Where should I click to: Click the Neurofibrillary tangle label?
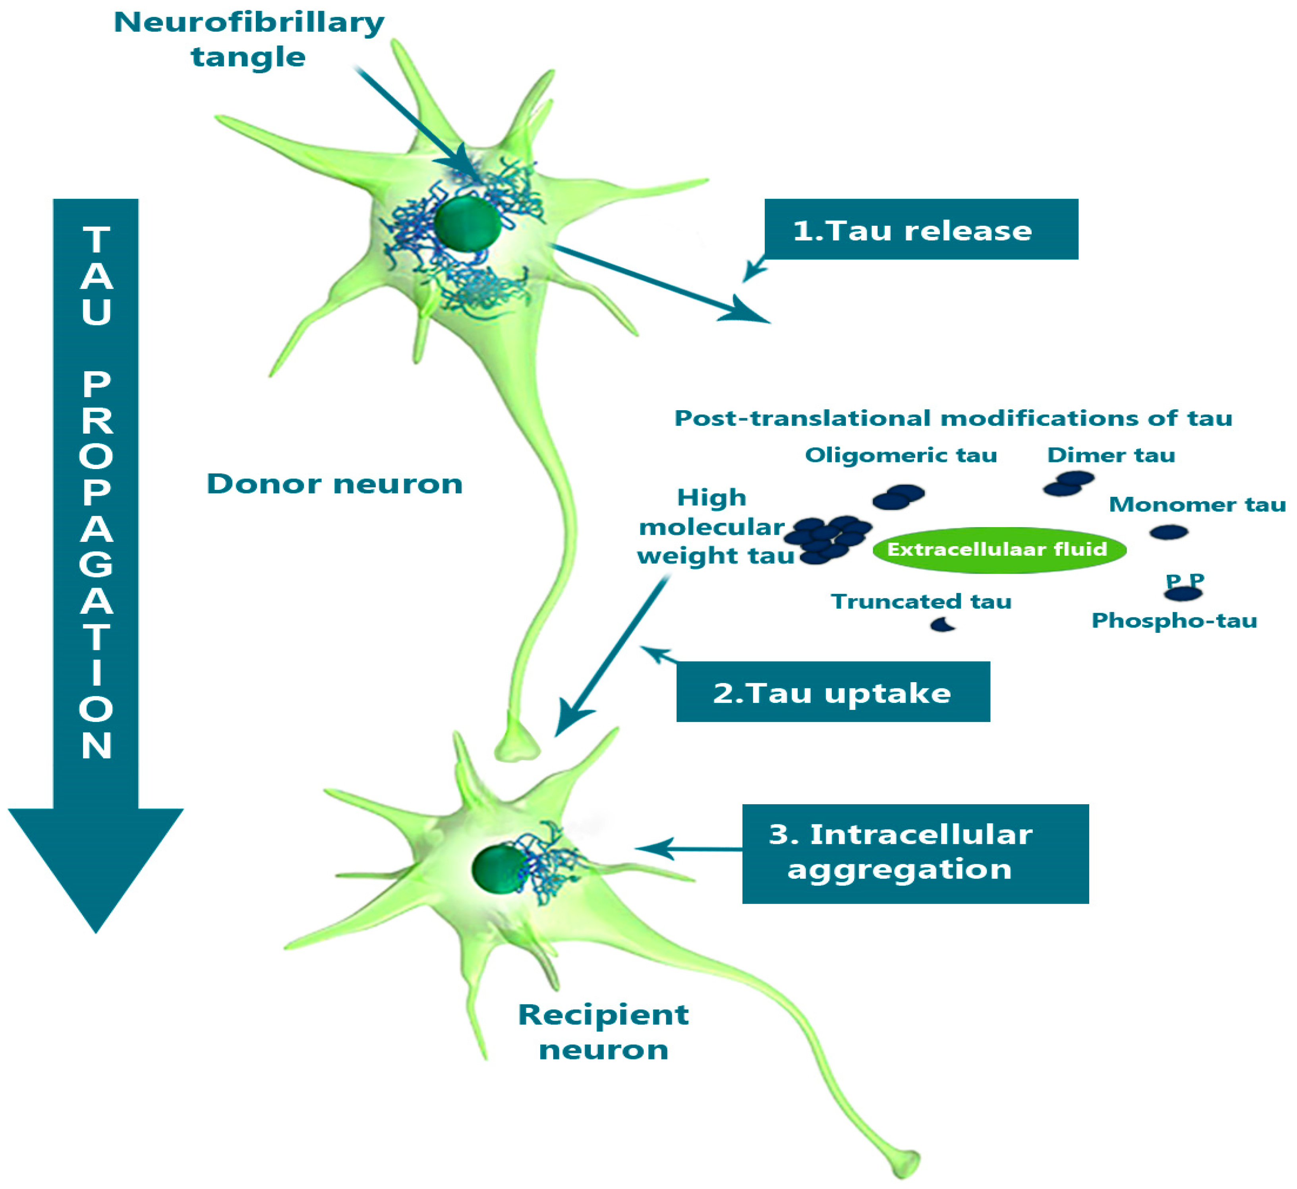[249, 40]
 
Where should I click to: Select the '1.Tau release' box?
[921, 230]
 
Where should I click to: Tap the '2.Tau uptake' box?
[833, 692]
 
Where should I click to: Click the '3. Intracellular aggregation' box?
[915, 853]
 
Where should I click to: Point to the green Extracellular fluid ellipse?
[999, 550]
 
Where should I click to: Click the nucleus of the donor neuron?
[468, 225]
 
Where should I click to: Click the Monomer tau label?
[1196, 504]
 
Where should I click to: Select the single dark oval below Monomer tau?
[1168, 532]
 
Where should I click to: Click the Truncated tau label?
[921, 601]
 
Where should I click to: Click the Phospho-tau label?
[1174, 621]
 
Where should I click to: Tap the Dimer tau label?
[1111, 455]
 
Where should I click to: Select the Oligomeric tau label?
[901, 455]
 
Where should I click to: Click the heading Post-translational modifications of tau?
[953, 419]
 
